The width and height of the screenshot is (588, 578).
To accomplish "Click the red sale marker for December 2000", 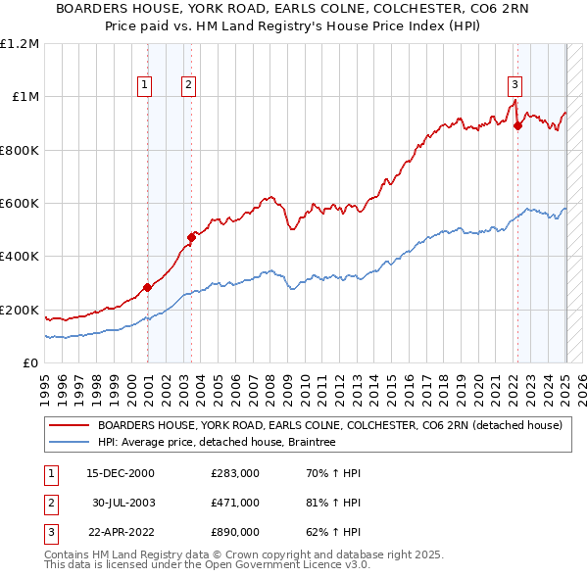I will (x=148, y=287).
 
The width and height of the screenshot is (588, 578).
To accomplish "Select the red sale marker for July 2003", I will (x=192, y=237).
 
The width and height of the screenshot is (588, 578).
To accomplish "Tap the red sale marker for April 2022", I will (x=517, y=124).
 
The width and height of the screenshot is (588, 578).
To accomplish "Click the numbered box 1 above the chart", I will (x=144, y=85).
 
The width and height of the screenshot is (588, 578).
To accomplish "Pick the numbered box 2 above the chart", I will (x=187, y=85).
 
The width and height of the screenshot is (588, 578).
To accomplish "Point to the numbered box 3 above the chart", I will (x=514, y=85).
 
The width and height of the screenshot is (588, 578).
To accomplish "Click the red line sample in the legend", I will (x=70, y=426).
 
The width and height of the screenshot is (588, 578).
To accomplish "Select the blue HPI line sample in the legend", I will (x=70, y=443).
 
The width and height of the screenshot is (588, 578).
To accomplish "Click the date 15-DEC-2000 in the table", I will (x=121, y=473).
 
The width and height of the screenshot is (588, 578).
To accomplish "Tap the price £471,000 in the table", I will (x=234, y=503).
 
